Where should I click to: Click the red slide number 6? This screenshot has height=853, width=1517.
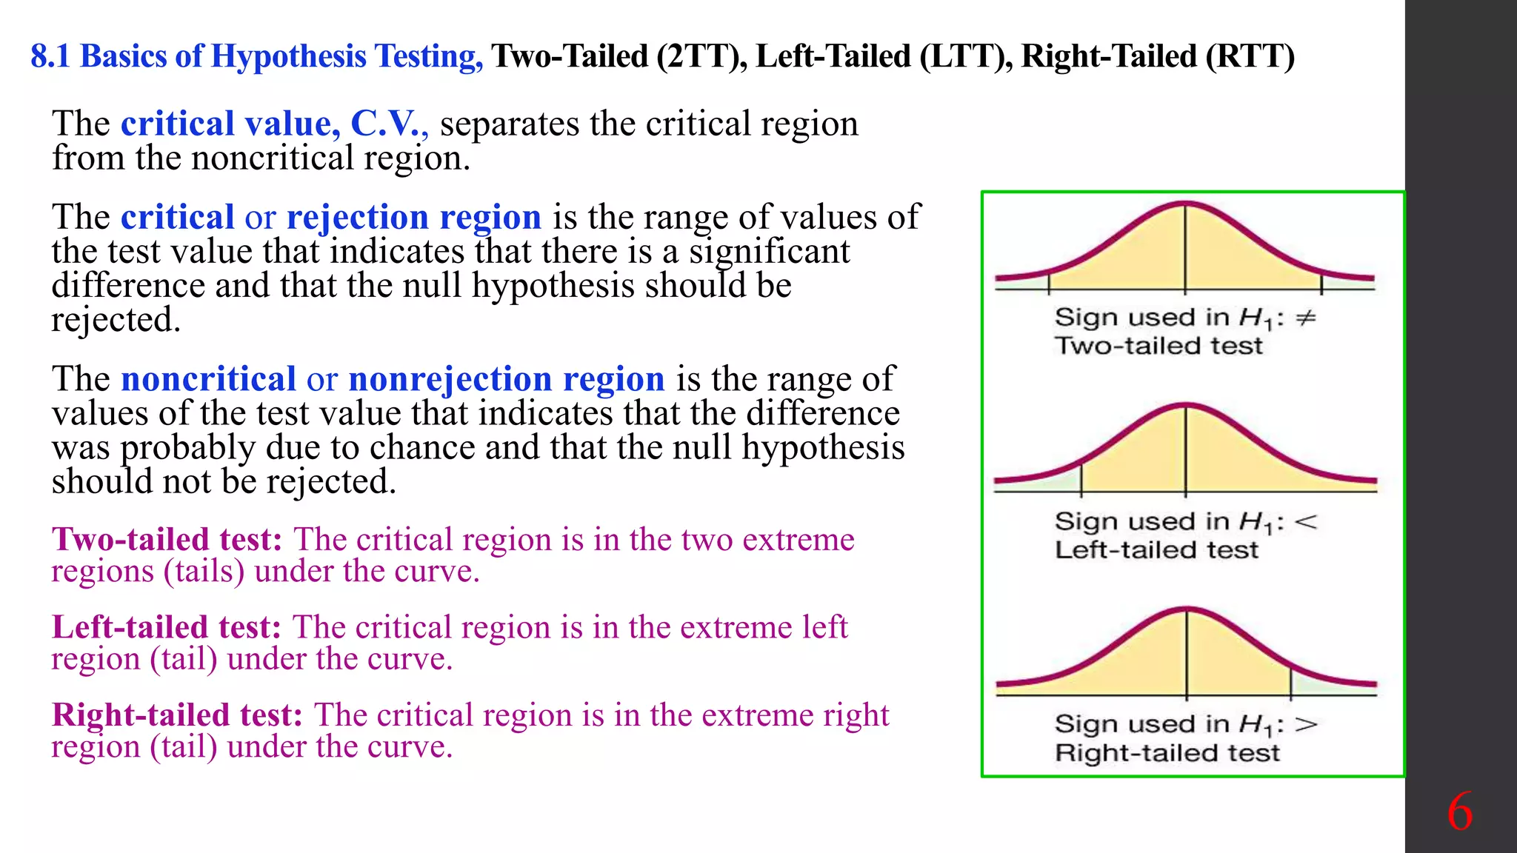pos(1459,812)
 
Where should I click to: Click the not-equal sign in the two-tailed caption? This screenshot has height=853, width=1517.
pos(1305,318)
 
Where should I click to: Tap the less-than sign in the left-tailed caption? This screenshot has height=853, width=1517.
pos(1306,522)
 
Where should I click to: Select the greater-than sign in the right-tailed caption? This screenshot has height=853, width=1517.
pos(1306,724)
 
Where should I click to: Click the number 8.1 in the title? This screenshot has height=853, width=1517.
pos(50,56)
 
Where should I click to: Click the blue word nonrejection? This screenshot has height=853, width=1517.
pos(450,379)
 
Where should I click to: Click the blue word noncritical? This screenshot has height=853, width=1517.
pos(208,379)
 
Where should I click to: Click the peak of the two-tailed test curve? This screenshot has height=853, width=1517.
pos(1185,204)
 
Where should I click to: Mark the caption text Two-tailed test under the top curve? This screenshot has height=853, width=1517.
pos(1158,346)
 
